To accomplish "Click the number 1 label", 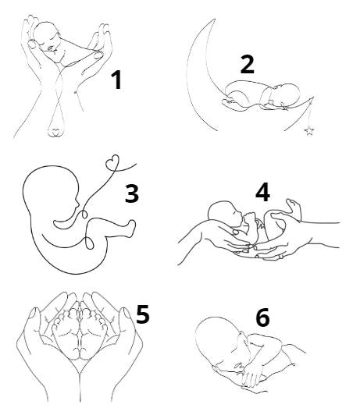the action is (116, 80).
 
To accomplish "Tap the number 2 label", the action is (247, 64).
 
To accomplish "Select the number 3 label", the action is (132, 193).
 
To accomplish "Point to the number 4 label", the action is (262, 191).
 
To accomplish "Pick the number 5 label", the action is (143, 314).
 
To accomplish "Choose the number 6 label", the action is (262, 317).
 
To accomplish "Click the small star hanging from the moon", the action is (309, 131).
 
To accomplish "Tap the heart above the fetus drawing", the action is (112, 161).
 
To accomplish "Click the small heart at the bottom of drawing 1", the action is (56, 132).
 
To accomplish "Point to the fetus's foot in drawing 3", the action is (131, 228).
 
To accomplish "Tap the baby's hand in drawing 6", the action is (251, 374).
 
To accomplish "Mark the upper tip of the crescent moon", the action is (214, 19).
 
